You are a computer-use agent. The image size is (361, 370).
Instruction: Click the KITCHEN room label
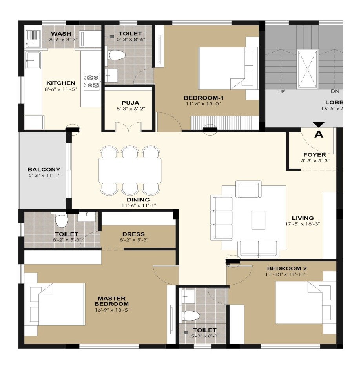pyautogui.click(x=61, y=83)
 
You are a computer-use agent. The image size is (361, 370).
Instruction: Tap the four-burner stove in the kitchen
pyautogui.click(x=93, y=80)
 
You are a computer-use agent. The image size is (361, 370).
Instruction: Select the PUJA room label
pyautogui.click(x=128, y=103)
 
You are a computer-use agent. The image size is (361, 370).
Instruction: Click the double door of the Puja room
pyautogui.click(x=128, y=127)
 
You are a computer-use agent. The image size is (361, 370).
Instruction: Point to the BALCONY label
pyautogui.click(x=44, y=169)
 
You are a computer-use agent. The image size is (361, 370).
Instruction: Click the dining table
pyautogui.click(x=130, y=170)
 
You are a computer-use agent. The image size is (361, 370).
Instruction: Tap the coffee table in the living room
pyautogui.click(x=258, y=220)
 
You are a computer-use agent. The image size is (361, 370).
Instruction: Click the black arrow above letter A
pyautogui.click(x=319, y=125)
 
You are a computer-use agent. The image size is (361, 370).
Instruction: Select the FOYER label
pyautogui.click(x=314, y=155)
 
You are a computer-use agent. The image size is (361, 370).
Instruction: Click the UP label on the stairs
pyautogui.click(x=281, y=91)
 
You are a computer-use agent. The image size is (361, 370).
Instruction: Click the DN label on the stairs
pyautogui.click(x=335, y=91)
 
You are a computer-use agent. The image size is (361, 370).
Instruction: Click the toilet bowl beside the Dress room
pyautogui.click(x=62, y=221)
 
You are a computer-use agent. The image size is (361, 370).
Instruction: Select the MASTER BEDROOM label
pyautogui.click(x=113, y=301)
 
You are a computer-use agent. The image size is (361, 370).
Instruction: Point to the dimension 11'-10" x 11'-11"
pyautogui.click(x=286, y=274)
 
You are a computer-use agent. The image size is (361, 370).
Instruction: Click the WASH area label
pyautogui.click(x=61, y=34)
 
